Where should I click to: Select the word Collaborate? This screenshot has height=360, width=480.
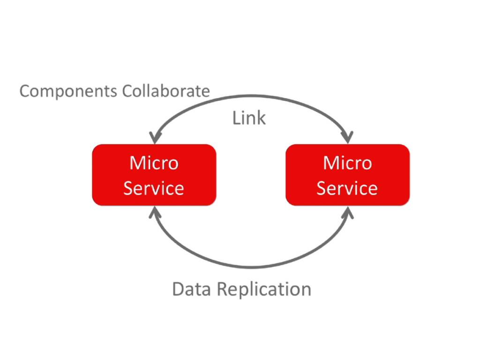coord(166,90)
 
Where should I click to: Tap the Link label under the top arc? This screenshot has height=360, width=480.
coord(249,118)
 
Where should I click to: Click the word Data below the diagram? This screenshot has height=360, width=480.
coord(189,289)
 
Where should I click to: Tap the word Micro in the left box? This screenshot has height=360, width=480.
coord(154,163)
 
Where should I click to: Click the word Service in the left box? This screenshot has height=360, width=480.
coord(154,188)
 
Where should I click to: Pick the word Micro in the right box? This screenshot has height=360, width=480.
coord(347,163)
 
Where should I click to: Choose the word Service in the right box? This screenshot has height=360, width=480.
coord(347,188)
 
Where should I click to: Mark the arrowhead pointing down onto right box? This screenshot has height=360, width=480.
coord(347,137)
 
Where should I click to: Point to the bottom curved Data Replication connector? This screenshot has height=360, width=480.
coord(251,267)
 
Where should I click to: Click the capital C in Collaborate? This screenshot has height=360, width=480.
coord(127,90)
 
